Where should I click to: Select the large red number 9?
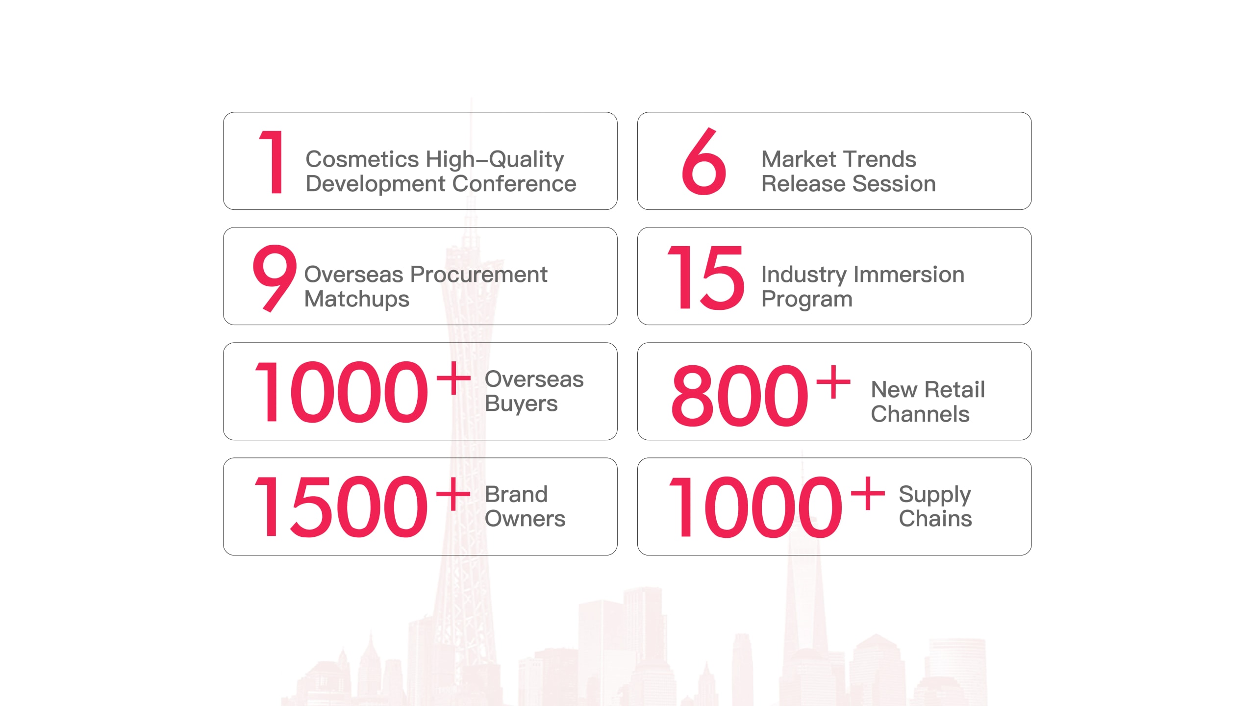(x=275, y=278)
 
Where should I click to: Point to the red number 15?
(x=706, y=277)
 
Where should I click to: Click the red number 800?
(x=739, y=396)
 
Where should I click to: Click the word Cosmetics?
(x=362, y=159)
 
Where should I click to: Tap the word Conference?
(x=514, y=184)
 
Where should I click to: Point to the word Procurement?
(x=478, y=274)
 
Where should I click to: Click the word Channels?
(x=920, y=414)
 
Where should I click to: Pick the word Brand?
(x=516, y=494)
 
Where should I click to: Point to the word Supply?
(x=935, y=495)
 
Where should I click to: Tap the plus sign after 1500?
(x=453, y=493)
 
